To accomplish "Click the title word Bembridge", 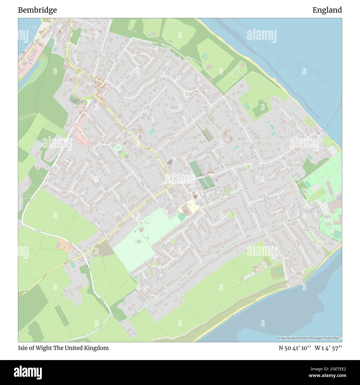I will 37,10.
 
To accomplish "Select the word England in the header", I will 327,10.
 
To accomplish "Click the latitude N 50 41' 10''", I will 295,348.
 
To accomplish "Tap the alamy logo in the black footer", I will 28,372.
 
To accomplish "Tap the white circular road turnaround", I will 319,244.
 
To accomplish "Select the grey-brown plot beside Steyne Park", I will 105,249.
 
